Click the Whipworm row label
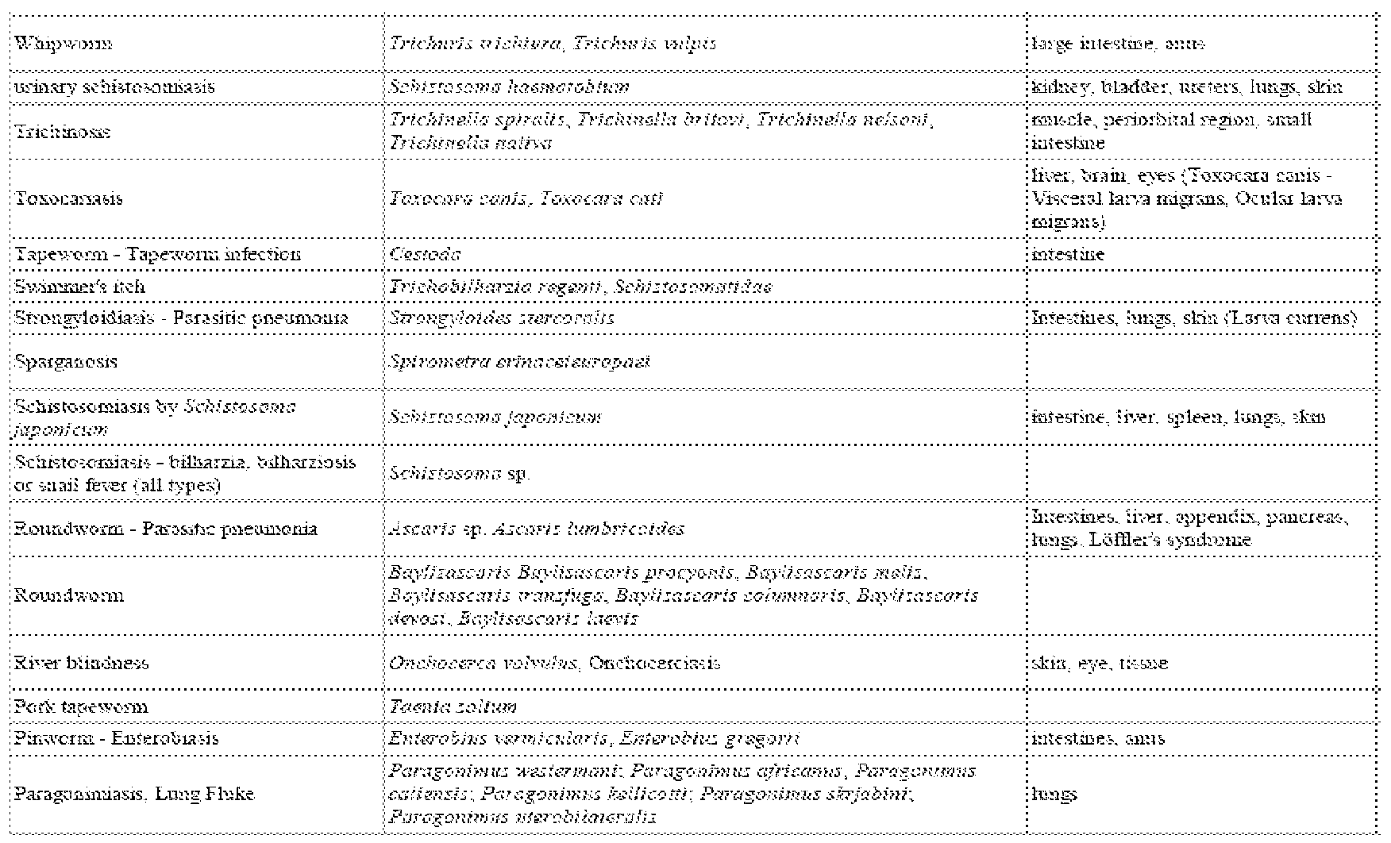pos(64,44)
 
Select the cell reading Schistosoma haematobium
pos(510,87)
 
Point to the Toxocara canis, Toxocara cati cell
pos(526,198)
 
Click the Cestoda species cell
pos(426,255)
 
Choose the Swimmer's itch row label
pos(80,287)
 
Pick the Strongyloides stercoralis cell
pos(502,318)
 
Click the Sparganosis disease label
pos(66,361)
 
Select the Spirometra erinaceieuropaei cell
pos(520,361)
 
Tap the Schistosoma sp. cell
pos(460,473)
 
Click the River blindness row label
pos(82,663)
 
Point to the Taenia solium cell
pos(453,706)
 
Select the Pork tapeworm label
pos(81,706)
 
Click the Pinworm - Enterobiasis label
pos(117,738)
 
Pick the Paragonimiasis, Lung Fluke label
pos(135,794)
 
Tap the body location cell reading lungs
pos(1054,794)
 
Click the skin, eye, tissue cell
pos(1100,663)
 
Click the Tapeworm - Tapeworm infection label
pos(158,255)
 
